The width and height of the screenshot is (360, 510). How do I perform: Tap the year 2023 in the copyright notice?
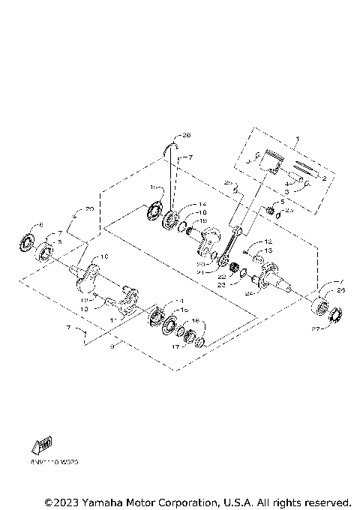coord(66,501)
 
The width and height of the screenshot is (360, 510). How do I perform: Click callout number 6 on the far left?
coord(40,225)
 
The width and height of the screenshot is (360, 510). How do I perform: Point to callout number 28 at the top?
coord(187,136)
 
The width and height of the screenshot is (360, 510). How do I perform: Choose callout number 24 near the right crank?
coord(248,294)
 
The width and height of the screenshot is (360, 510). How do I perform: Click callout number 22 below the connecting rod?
coord(223,277)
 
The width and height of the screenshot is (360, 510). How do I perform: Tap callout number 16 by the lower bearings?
coord(196,320)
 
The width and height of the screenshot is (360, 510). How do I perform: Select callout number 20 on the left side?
coord(89,208)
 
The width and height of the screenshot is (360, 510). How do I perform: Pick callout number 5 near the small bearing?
coord(282,202)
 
